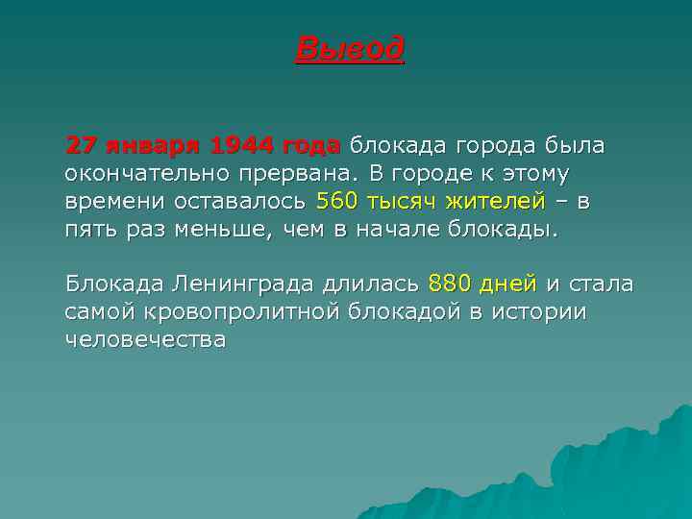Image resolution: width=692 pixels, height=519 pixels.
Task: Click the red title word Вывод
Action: point(350,48)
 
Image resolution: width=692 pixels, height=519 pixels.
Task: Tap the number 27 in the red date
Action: point(80,145)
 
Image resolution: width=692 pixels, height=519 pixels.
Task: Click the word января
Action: point(153,145)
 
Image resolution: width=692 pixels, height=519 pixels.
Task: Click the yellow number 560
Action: point(336,202)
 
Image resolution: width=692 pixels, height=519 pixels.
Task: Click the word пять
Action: point(89,231)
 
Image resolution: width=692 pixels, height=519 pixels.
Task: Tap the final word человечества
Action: point(145,341)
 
